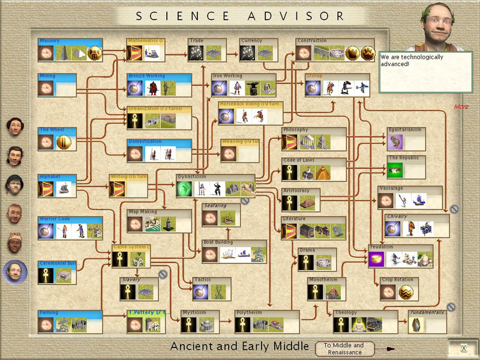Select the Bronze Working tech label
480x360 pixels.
(x=146, y=76)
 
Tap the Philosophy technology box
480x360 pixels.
(x=314, y=139)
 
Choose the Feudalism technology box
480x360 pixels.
(x=400, y=256)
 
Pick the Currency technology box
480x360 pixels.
(x=258, y=50)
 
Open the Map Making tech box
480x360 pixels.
(x=159, y=221)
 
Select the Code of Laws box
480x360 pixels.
(x=314, y=170)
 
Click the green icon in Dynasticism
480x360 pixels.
(x=184, y=190)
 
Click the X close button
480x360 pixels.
(x=463, y=349)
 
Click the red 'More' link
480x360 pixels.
(x=461, y=107)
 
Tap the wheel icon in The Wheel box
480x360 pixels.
(x=64, y=142)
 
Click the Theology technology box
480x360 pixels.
(x=365, y=322)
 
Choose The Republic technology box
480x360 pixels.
(x=406, y=167)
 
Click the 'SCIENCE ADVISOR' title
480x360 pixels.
(x=240, y=16)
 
